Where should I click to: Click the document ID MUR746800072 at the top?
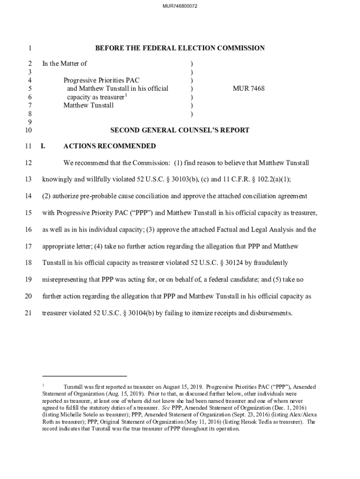[180, 6]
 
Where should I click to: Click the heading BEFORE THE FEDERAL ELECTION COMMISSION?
[180, 48]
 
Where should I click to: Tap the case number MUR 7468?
[249, 88]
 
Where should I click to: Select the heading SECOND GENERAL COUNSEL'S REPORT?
[180, 131]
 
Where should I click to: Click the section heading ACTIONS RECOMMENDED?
[109, 146]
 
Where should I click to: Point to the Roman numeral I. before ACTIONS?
[43, 146]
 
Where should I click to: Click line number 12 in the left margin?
[28, 163]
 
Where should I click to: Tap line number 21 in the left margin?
[28, 313]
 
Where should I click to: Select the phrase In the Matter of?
[65, 64]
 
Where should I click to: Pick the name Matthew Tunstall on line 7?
[88, 105]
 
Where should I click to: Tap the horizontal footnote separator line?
[84, 376]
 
